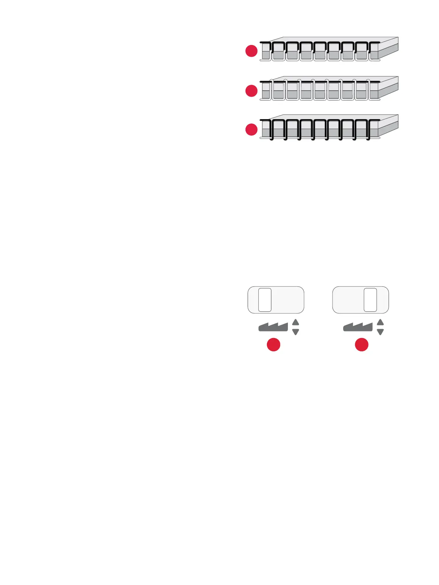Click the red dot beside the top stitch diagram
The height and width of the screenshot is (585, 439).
[251, 51]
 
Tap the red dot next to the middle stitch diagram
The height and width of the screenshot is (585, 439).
[251, 91]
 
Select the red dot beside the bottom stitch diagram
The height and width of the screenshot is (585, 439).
[251, 129]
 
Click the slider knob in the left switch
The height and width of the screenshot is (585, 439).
[265, 300]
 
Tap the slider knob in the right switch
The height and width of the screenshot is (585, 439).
[370, 300]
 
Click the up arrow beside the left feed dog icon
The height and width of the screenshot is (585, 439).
[295, 322]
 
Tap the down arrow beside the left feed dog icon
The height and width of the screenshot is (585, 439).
[295, 332]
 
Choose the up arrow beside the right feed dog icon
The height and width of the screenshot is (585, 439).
[380, 322]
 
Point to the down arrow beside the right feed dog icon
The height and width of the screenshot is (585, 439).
[380, 332]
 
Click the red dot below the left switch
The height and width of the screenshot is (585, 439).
[273, 345]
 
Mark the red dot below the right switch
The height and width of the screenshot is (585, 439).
[362, 345]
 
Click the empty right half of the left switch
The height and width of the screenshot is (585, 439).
[288, 300]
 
